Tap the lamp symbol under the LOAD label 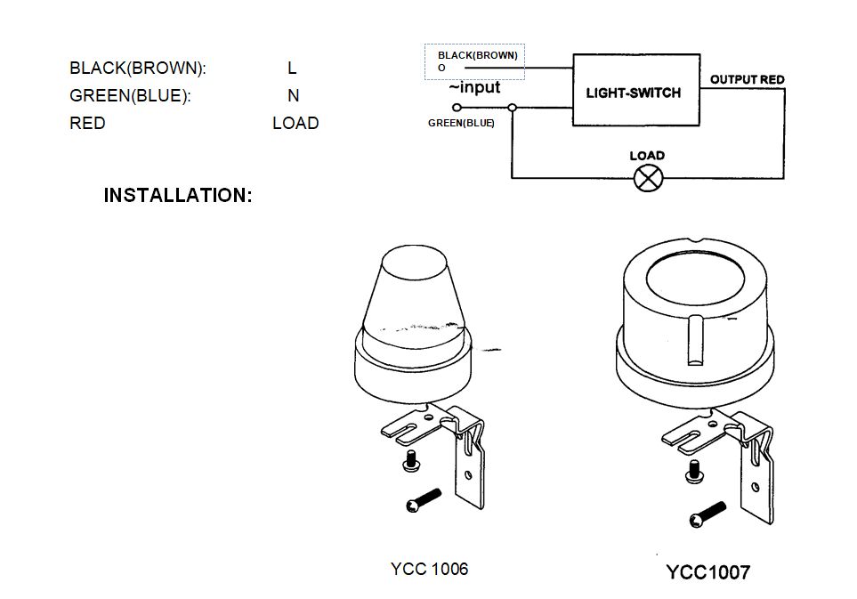(647, 178)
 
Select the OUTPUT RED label (747, 79)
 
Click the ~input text (474, 87)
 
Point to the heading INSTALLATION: (178, 195)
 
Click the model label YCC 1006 (429, 569)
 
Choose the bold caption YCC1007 (708, 572)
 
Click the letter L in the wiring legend (292, 69)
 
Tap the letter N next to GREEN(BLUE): (293, 95)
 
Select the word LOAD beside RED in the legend (295, 123)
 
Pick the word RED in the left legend (87, 123)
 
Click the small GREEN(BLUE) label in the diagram (461, 124)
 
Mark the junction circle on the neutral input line (512, 107)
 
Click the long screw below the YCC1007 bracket (707, 514)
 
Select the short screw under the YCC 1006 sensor (411, 461)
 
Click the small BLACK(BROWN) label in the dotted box (477, 55)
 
